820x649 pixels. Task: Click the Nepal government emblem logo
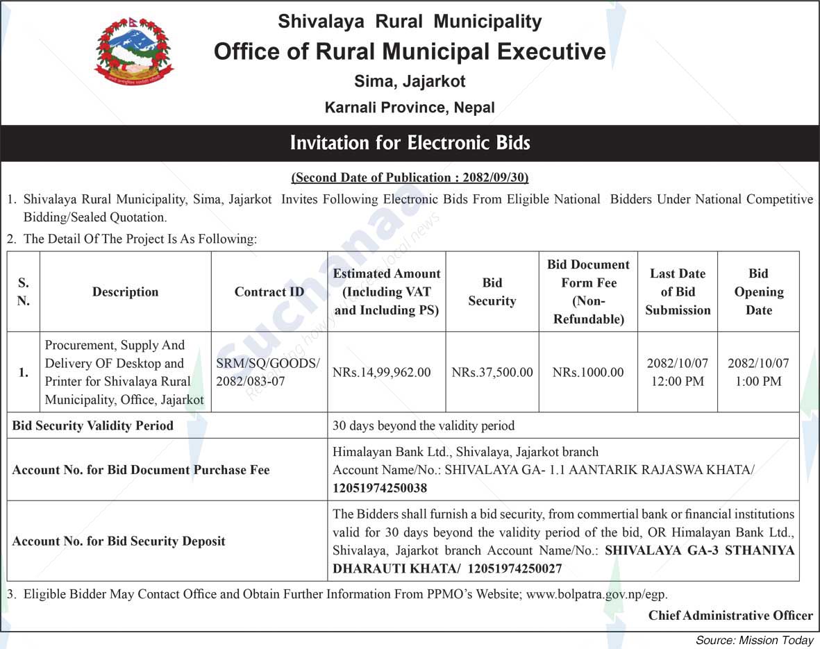[x=133, y=52]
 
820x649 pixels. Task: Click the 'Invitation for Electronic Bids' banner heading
[x=410, y=144]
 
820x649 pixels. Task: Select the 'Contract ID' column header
[x=269, y=292]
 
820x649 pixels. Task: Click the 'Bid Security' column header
[x=492, y=292]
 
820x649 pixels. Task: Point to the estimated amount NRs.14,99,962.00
[x=381, y=373]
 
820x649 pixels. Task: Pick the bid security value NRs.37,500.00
[x=492, y=373]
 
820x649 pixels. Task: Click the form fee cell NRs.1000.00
[x=588, y=373]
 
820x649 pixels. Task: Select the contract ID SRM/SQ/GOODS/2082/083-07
[x=268, y=372]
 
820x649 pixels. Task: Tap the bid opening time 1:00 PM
[x=758, y=381]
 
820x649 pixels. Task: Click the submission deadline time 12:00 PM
[x=677, y=381]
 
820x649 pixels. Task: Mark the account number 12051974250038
[x=380, y=488]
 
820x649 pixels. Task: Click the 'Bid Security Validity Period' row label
[x=93, y=425]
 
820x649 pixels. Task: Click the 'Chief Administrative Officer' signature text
[x=730, y=616]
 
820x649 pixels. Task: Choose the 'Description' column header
[x=125, y=292]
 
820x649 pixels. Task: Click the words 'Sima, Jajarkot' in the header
[x=410, y=81]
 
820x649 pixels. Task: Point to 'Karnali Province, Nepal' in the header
[x=410, y=108]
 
